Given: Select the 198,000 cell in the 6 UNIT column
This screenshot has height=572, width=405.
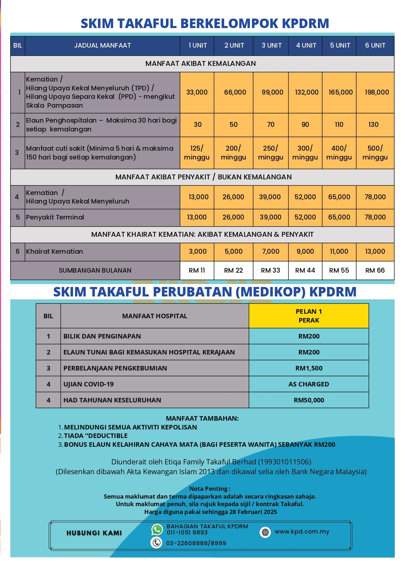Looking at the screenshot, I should tap(377, 92).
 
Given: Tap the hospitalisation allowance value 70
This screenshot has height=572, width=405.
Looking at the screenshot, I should tap(271, 125).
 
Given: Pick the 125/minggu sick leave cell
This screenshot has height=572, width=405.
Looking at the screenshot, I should tap(197, 153).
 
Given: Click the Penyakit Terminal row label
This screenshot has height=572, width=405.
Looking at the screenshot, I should tap(55, 217).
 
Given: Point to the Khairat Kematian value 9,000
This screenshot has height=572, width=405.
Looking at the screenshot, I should tap(305, 251).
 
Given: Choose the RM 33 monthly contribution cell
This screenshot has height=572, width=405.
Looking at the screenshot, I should tap(270, 270).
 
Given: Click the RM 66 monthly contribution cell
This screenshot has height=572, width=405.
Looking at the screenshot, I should tap(375, 270).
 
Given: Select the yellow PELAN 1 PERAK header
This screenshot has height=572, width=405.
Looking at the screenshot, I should tap(309, 316).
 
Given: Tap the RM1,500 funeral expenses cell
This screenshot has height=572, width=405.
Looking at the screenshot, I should tap(309, 368).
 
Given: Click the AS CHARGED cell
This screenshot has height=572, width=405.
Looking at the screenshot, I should tap(309, 384).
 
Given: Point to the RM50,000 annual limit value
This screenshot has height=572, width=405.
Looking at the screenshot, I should tap(309, 400).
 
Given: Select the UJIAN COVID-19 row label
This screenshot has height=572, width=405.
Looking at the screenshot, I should tap(88, 384).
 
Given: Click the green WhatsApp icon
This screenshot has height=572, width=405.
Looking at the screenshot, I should tap(157, 529).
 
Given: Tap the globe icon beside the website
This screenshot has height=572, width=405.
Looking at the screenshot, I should tap(265, 532).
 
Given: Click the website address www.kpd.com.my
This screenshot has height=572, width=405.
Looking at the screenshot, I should tap(302, 532).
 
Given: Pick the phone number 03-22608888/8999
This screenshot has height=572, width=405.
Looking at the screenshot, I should tap(196, 543).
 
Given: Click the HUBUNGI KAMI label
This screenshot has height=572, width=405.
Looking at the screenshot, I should tap(94, 533).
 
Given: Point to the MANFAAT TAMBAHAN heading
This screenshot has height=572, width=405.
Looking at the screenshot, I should tap(202, 418).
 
